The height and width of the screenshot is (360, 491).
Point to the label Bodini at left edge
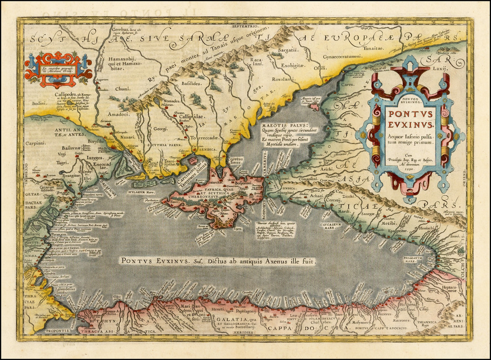point(40,103)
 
